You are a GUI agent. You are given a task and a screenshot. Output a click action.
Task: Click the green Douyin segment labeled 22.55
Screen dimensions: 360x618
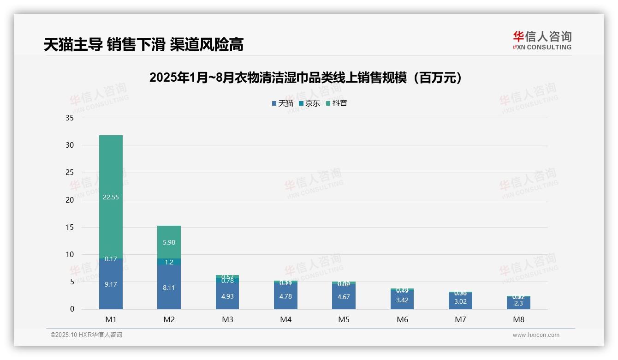point(111,197)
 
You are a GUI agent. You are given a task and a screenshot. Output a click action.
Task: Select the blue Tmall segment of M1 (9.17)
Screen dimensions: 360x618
point(111,284)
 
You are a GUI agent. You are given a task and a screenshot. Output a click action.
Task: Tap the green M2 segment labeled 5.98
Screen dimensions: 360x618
point(169,242)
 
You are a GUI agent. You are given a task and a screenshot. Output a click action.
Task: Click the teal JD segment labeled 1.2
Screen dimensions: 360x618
point(169,262)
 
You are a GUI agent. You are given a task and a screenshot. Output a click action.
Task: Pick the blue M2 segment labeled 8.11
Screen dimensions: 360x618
point(169,287)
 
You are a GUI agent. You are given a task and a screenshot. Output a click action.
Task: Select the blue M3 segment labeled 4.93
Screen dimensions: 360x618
point(227,296)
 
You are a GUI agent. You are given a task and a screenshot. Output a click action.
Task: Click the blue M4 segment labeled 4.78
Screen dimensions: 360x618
point(285,296)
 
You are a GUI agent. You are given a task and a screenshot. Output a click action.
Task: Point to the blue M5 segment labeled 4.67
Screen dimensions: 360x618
point(344,297)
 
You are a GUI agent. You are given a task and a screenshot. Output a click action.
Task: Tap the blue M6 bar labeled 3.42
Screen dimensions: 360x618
point(402,300)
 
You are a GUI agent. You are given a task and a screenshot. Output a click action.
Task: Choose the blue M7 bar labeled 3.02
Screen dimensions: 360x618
point(460,301)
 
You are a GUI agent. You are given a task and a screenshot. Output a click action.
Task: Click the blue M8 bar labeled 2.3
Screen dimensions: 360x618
point(518,303)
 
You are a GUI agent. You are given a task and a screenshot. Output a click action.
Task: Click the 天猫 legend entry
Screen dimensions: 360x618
point(283,103)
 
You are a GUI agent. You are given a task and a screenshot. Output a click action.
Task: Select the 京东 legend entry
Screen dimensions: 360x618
point(309,103)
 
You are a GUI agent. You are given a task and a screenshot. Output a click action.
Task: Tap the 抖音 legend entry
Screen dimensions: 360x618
point(337,103)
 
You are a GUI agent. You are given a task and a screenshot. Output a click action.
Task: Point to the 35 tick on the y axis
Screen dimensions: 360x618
point(70,118)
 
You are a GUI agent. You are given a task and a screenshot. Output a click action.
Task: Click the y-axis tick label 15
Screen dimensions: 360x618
point(70,228)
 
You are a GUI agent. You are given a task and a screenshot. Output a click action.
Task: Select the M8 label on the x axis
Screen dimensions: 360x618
point(518,319)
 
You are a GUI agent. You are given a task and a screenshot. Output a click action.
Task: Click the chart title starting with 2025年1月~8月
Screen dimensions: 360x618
point(306,78)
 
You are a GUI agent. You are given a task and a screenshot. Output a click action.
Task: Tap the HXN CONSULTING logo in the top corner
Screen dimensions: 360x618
point(542,41)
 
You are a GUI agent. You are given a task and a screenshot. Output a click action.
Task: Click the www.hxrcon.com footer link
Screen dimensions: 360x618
point(536,335)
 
